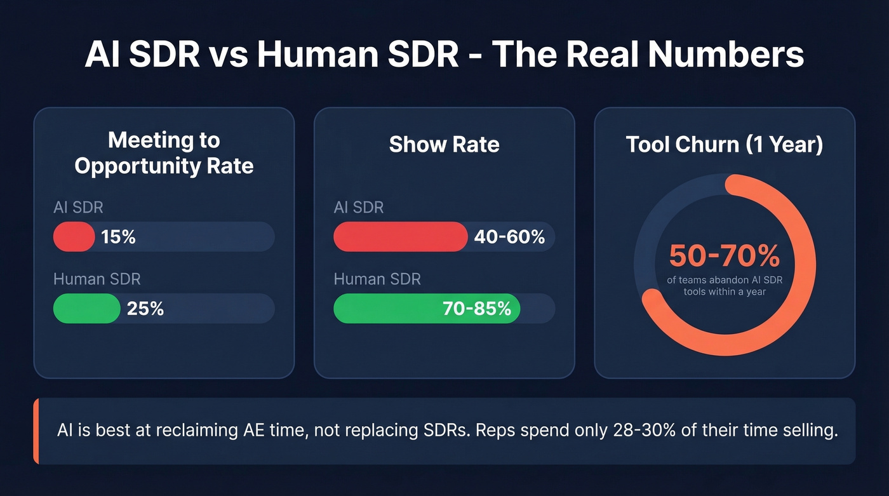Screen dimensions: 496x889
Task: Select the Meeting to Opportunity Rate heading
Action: click(164, 153)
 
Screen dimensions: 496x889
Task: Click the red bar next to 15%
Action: click(74, 237)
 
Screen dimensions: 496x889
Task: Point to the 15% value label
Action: click(118, 237)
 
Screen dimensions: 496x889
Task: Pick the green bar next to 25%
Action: click(86, 309)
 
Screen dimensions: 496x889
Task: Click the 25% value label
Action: click(145, 309)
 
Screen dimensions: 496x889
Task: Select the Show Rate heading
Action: click(444, 144)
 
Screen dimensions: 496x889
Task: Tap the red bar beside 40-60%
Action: click(400, 237)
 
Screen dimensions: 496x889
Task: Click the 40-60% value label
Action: click(509, 237)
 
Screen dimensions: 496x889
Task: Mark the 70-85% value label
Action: click(476, 309)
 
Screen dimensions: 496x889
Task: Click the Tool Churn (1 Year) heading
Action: click(725, 144)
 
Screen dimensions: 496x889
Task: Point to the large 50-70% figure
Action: click(725, 256)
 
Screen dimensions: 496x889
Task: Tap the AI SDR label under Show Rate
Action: click(359, 208)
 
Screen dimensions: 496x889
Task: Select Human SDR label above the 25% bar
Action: click(97, 279)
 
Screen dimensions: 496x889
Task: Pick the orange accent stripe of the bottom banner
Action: click(36, 431)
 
